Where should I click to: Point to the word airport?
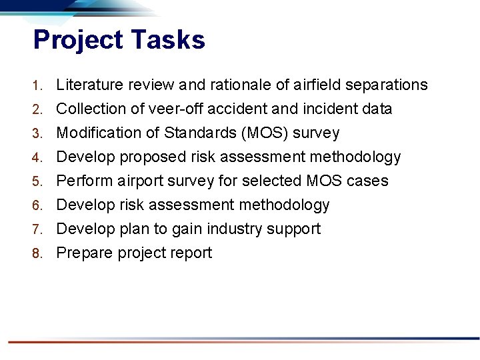coord(142,181)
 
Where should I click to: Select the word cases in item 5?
coord(369,181)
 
